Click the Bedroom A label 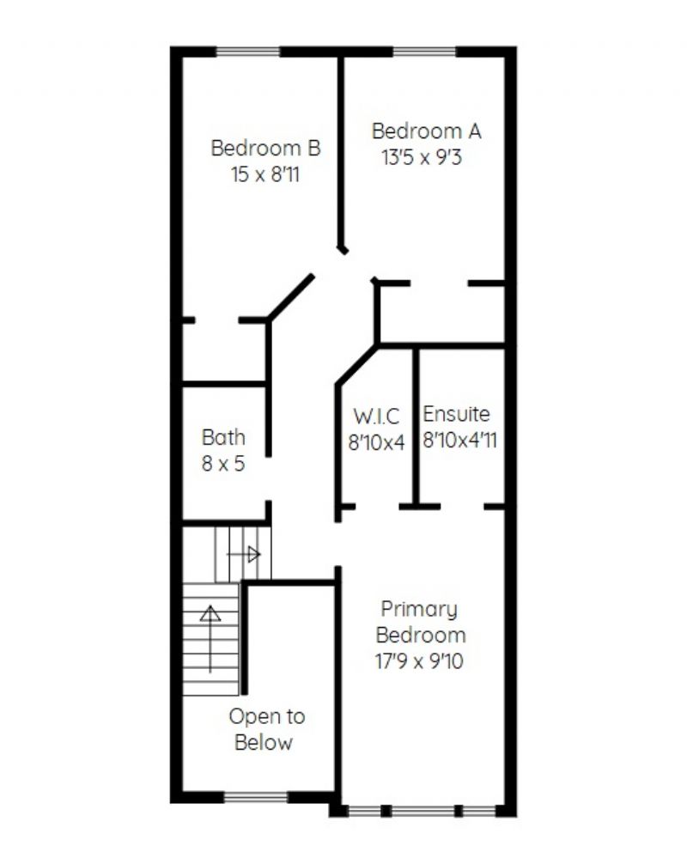pyautogui.click(x=427, y=131)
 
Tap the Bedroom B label pyautogui.click(x=265, y=149)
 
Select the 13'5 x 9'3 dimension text pyautogui.click(x=422, y=157)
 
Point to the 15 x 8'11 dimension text pyautogui.click(x=265, y=174)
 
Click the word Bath pyautogui.click(x=223, y=437)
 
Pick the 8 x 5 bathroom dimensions pyautogui.click(x=223, y=464)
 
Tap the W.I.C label pyautogui.click(x=376, y=416)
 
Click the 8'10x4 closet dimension pyautogui.click(x=376, y=442)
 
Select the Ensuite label pyautogui.click(x=456, y=414)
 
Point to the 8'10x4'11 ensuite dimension pyautogui.click(x=460, y=441)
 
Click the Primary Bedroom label pyautogui.click(x=420, y=622)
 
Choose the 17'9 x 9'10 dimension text pyautogui.click(x=419, y=660)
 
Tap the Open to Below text pyautogui.click(x=267, y=729)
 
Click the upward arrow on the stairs pyautogui.click(x=210, y=639)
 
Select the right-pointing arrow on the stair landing pyautogui.click(x=244, y=554)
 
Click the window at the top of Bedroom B pyautogui.click(x=248, y=52)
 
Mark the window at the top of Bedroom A pyautogui.click(x=425, y=52)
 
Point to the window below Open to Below pyautogui.click(x=256, y=797)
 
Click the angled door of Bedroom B pyautogui.click(x=291, y=296)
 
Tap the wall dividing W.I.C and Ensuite pyautogui.click(x=416, y=426)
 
